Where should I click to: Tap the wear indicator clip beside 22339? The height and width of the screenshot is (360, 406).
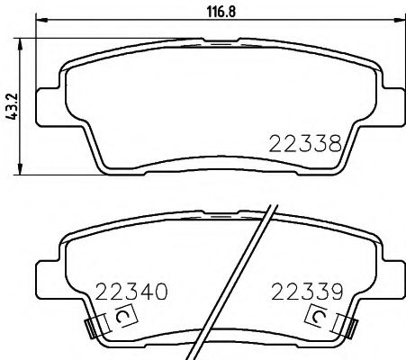click(320, 317)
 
